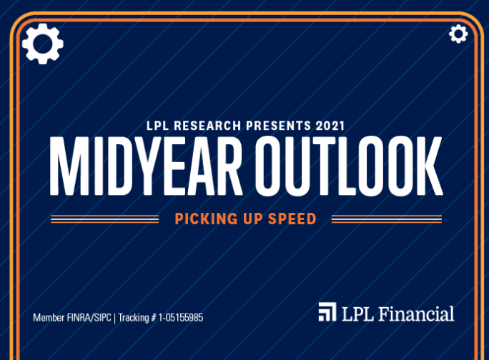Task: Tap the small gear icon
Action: [458, 34]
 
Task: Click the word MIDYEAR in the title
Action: [147, 166]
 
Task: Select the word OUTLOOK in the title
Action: [349, 166]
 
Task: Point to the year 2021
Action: [330, 126]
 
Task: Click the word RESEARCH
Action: [207, 126]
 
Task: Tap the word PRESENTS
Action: [279, 126]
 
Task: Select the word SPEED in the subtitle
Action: [292, 219]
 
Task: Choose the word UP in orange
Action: [253, 219]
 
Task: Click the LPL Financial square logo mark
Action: [327, 311]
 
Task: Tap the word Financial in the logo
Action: [416, 314]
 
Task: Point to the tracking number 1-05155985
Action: [181, 318]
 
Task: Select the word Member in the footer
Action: [49, 318]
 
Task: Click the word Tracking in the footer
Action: [134, 318]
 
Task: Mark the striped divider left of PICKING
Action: [105, 219]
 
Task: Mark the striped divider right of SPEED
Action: [387, 219]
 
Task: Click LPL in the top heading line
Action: [158, 126]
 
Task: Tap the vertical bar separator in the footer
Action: [115, 319]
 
